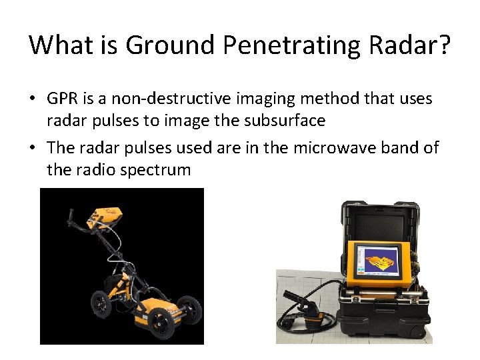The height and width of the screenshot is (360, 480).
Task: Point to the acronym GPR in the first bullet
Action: point(62,99)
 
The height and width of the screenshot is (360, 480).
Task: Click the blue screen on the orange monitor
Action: point(377,260)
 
